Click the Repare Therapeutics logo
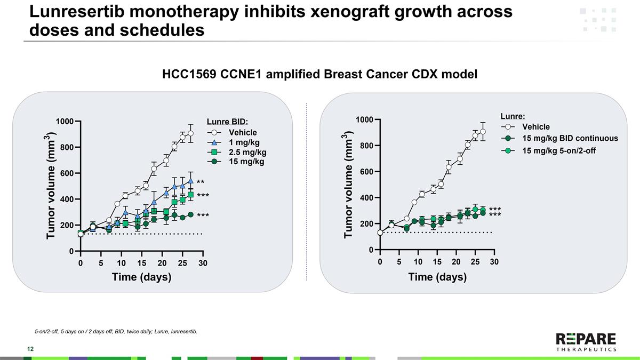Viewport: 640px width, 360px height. [586, 341]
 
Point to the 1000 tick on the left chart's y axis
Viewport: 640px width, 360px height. [65, 122]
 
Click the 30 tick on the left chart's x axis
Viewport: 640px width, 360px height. [203, 263]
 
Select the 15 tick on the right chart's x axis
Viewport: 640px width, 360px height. [437, 262]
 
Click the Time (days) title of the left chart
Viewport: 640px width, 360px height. [141, 277]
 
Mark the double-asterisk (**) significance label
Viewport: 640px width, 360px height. [201, 182]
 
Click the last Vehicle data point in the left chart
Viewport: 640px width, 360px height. [190, 133]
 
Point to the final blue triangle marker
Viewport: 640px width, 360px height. [190, 181]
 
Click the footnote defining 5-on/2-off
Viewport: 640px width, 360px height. [116, 332]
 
